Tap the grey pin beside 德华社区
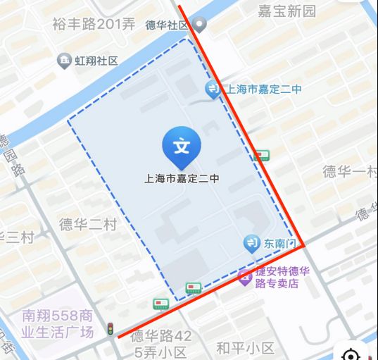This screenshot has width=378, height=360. pos(201,26)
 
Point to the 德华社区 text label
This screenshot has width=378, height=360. pos(168,25)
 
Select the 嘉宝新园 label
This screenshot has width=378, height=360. pos(286,11)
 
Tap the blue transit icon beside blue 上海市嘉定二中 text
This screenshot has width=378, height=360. pos(213,89)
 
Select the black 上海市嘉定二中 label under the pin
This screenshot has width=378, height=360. pos(182,179)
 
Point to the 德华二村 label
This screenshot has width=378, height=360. pos(87,225)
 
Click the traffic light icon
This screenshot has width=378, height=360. pos(110,328)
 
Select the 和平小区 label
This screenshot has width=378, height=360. pos(245,348)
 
